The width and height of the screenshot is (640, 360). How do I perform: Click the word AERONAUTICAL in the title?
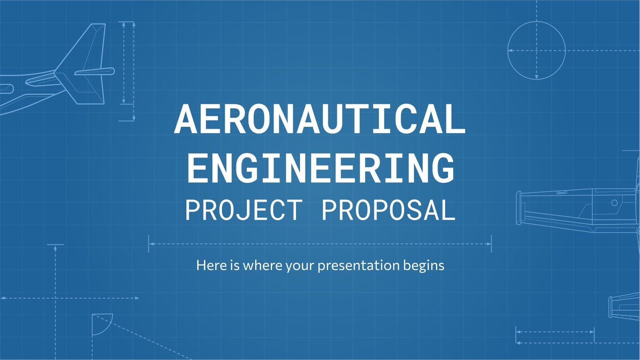320,119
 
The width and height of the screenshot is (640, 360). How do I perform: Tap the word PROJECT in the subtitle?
243,210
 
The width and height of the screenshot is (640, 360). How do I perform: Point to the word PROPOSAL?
388,210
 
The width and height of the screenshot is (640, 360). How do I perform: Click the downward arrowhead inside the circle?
536,76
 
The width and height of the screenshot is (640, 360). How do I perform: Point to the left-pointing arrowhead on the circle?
510,51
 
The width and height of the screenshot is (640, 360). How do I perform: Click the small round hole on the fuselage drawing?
614,203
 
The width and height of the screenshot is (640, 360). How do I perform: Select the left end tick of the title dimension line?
149,244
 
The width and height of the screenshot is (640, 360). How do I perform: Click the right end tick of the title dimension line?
491,244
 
